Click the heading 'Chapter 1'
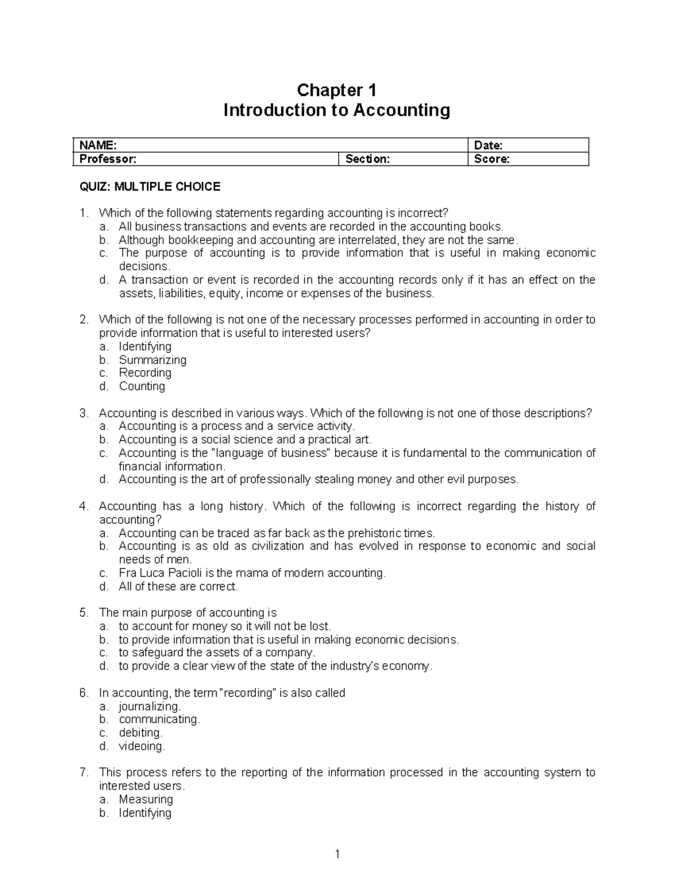coord(336,90)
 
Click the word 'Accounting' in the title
coord(402,110)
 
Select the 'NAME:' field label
coord(98,145)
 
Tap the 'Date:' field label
coord(488,145)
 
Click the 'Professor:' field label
coord(108,159)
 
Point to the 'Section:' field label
coord(367,159)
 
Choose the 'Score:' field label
coord(492,159)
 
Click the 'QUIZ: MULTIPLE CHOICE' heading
coord(150,187)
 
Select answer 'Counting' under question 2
coord(142,386)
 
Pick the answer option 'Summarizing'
coord(152,360)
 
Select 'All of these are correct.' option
coord(178,586)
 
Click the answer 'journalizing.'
coord(150,706)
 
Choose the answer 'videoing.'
coord(142,746)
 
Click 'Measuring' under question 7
coord(146,799)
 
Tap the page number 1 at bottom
coord(337,855)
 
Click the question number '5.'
coord(84,613)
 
